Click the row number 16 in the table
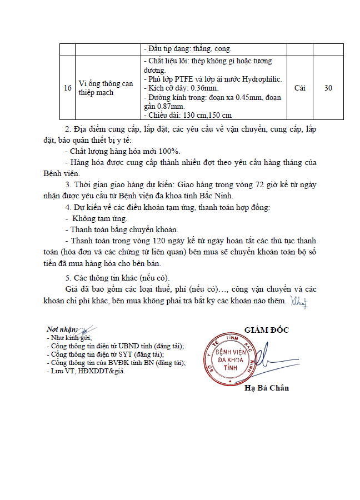point(67,88)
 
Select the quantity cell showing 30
point(328,88)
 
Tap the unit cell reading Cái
point(300,88)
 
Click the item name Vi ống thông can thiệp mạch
point(106,88)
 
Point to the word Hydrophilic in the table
point(262,79)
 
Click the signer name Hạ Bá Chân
point(267,388)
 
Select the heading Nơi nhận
point(62,330)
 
